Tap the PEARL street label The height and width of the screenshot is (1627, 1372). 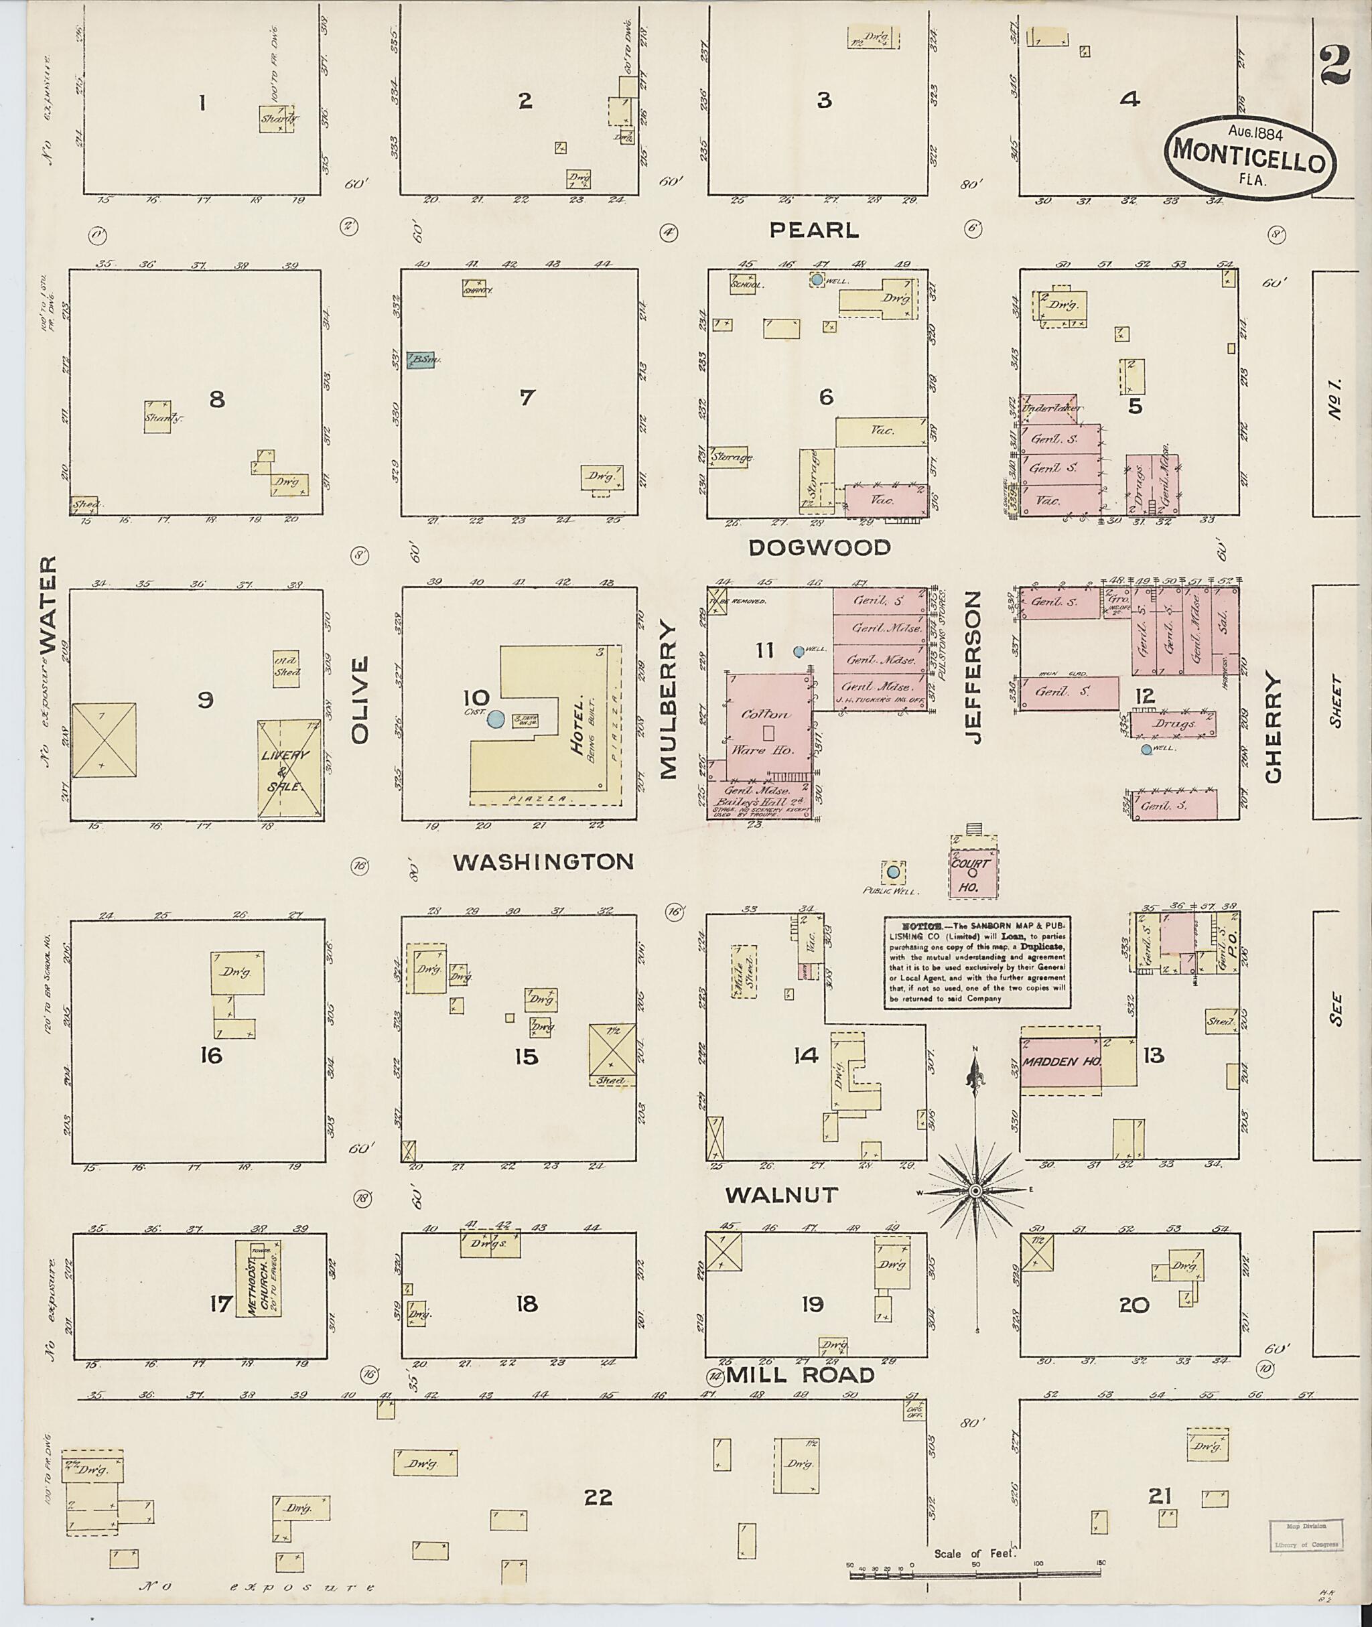815,230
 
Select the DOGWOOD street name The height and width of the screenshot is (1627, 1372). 819,547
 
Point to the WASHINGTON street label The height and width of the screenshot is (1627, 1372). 543,861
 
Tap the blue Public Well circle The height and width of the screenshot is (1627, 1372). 893,873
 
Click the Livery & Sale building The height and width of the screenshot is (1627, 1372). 289,768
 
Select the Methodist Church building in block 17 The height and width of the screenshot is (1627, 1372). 258,1278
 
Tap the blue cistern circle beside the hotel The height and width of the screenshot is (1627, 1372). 494,720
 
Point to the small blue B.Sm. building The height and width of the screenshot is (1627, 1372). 420,359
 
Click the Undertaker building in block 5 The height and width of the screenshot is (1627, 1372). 1049,407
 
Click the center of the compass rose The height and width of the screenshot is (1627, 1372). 974,1192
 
